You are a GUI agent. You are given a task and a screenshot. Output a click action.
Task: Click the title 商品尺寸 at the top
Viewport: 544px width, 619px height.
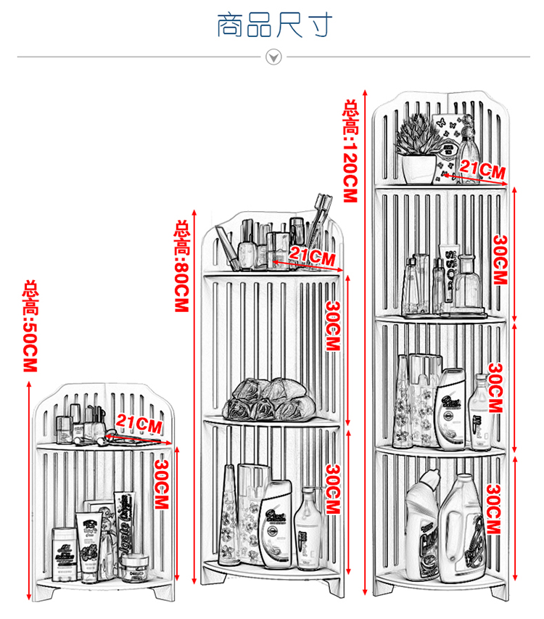point(275,24)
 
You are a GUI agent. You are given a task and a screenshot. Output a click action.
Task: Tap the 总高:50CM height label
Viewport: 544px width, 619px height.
point(30,327)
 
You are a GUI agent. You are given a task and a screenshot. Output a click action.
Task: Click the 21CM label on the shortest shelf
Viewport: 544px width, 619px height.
point(139,424)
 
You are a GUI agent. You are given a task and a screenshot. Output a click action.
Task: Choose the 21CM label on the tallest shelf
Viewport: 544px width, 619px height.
point(482,171)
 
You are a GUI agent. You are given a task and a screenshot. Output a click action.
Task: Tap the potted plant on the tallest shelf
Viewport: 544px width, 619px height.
point(418,149)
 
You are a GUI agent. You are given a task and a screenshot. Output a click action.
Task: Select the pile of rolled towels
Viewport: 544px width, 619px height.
point(271,400)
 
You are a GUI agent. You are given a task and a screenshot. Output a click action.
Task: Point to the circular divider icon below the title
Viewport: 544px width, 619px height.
point(273,57)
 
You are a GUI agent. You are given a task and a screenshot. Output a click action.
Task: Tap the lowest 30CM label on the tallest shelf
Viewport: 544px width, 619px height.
point(494,509)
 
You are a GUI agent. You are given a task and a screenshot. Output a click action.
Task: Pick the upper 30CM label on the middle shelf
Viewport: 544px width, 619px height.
point(331,326)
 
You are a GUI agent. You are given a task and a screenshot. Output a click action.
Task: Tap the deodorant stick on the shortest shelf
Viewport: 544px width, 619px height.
point(65,554)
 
